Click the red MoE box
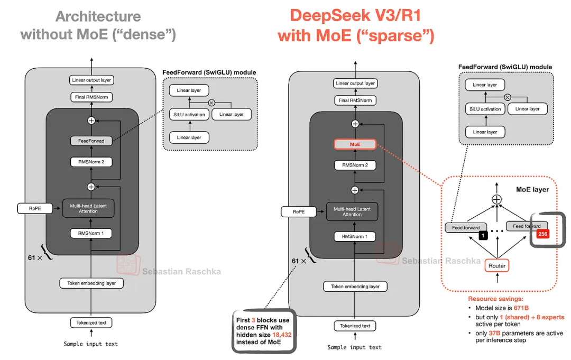pos(355,144)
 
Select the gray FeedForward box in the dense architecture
pos(91,141)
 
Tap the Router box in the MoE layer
pos(497,266)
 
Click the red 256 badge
pos(542,234)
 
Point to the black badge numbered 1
pos(483,236)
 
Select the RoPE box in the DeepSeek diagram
pos(299,212)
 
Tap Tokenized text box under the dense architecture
pos(91,322)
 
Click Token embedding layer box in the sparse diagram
pos(355,287)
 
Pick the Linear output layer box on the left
pos(91,80)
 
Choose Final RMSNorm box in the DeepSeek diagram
pos(355,100)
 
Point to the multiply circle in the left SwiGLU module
pos(212,103)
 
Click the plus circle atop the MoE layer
pos(496,199)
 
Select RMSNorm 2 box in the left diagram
pos(91,162)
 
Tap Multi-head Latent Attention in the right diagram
pos(352,211)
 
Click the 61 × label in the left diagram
pos(35,258)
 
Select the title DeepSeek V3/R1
pos(355,15)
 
